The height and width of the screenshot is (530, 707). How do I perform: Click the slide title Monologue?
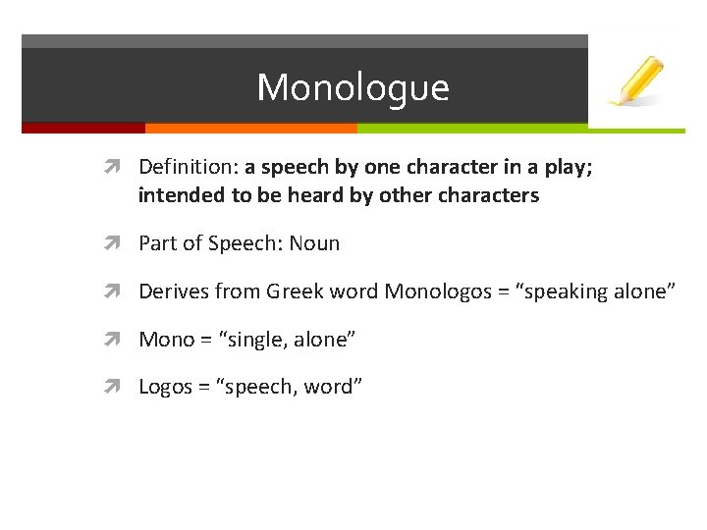tap(353, 87)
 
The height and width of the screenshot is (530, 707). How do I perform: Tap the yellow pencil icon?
tap(636, 80)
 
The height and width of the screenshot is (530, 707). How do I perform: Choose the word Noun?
tap(314, 243)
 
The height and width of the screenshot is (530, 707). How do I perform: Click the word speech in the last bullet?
tap(261, 388)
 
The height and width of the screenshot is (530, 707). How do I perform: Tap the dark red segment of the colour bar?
tap(82, 128)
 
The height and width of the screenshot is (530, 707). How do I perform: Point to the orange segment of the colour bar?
tap(250, 128)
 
